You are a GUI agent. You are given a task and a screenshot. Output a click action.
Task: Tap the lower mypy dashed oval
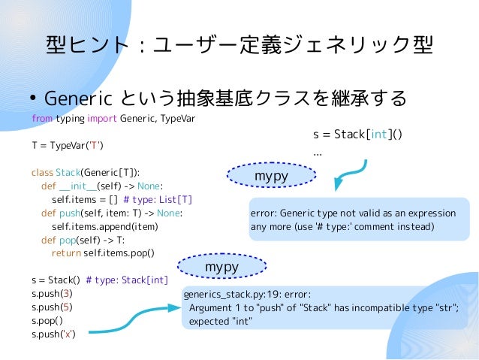click(x=221, y=267)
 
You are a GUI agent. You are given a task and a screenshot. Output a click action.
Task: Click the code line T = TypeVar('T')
click(x=68, y=145)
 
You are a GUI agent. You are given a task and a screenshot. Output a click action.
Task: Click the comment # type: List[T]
click(x=158, y=199)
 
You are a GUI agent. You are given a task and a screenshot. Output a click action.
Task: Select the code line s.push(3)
click(x=52, y=294)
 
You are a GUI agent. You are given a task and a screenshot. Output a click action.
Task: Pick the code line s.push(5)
click(x=52, y=307)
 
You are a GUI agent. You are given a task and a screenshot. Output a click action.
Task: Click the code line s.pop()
click(x=47, y=321)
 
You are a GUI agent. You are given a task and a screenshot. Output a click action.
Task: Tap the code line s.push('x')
click(x=53, y=334)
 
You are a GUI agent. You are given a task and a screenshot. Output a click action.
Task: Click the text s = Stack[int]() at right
click(x=357, y=135)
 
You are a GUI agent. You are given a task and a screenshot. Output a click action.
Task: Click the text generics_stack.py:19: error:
click(x=247, y=294)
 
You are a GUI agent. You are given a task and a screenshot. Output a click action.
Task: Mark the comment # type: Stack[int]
click(x=127, y=280)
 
